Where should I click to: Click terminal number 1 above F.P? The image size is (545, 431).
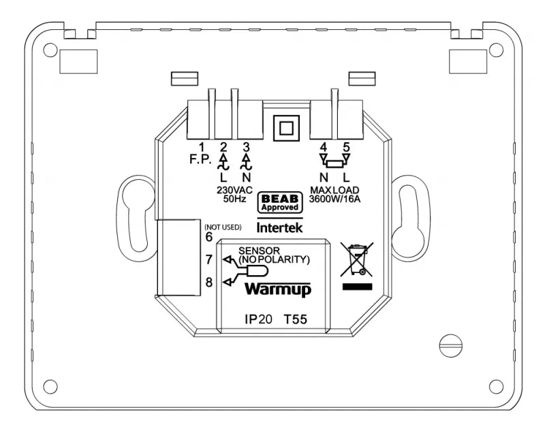click(202, 146)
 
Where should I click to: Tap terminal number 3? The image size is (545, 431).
click(247, 146)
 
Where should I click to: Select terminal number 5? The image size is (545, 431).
click(346, 146)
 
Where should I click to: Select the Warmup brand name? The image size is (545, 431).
click(278, 289)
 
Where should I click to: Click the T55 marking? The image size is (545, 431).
click(297, 319)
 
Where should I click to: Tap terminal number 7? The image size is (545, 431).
click(209, 259)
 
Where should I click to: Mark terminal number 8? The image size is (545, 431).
click(209, 283)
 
